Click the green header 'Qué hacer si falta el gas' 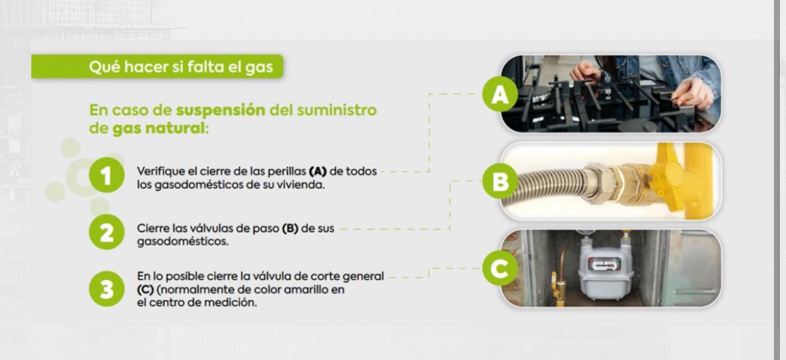click(x=181, y=67)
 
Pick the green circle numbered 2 click(x=106, y=233)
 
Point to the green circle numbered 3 click(x=106, y=287)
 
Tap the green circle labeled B click(x=500, y=181)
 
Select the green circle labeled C click(x=500, y=269)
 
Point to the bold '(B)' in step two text click(x=290, y=228)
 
